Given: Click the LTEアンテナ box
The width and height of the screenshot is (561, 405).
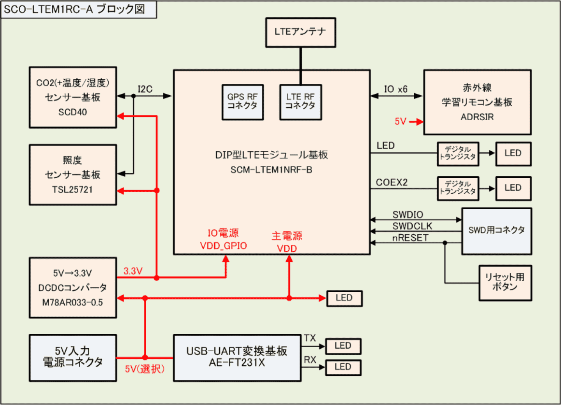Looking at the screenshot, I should point(300,32).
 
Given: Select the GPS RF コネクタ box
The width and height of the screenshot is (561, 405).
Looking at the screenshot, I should point(242,102).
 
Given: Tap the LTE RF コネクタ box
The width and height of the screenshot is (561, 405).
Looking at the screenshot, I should point(300,102).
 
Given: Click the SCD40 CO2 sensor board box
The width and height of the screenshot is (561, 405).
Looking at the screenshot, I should point(73,97).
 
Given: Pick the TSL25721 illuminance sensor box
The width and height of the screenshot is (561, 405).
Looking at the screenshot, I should point(73,175).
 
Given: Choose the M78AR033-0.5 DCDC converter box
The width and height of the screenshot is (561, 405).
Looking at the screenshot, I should point(73,288).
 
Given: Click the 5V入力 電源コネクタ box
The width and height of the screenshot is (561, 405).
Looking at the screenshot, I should point(73,358).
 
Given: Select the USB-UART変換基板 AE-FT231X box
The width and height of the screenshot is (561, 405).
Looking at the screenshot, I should point(237,358).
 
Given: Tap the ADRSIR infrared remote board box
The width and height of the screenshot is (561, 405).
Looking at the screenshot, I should point(477,102).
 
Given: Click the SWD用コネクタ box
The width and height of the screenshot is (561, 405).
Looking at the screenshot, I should point(497,231).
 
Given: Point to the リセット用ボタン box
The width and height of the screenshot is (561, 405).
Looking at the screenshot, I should point(505,283).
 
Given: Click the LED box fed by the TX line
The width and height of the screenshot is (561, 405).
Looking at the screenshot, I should point(343,346).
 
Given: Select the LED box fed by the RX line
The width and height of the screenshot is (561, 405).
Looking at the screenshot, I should point(343,367).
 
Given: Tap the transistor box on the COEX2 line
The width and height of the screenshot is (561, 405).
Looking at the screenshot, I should point(458,188).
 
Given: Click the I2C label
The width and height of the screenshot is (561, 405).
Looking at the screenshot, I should point(145,89).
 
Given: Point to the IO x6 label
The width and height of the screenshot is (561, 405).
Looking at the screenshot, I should point(395,89).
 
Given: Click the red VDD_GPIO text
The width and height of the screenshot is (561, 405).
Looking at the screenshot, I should point(223,246).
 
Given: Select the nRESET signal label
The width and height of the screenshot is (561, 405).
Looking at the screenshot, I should point(410,238).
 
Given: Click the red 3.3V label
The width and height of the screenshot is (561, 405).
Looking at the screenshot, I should point(133,271).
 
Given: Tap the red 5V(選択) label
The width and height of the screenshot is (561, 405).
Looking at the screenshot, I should point(145,369).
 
